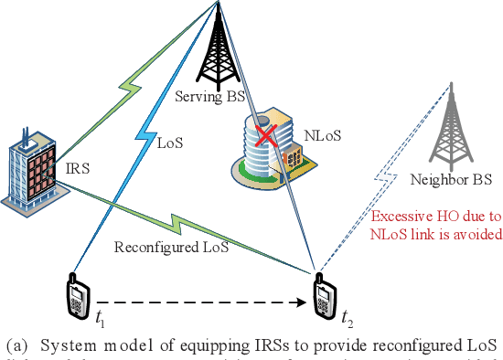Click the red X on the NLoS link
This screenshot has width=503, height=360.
point(267,137)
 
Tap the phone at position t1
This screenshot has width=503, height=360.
point(79,296)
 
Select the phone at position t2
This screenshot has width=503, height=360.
point(322,295)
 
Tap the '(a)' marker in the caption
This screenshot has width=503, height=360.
point(17,345)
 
